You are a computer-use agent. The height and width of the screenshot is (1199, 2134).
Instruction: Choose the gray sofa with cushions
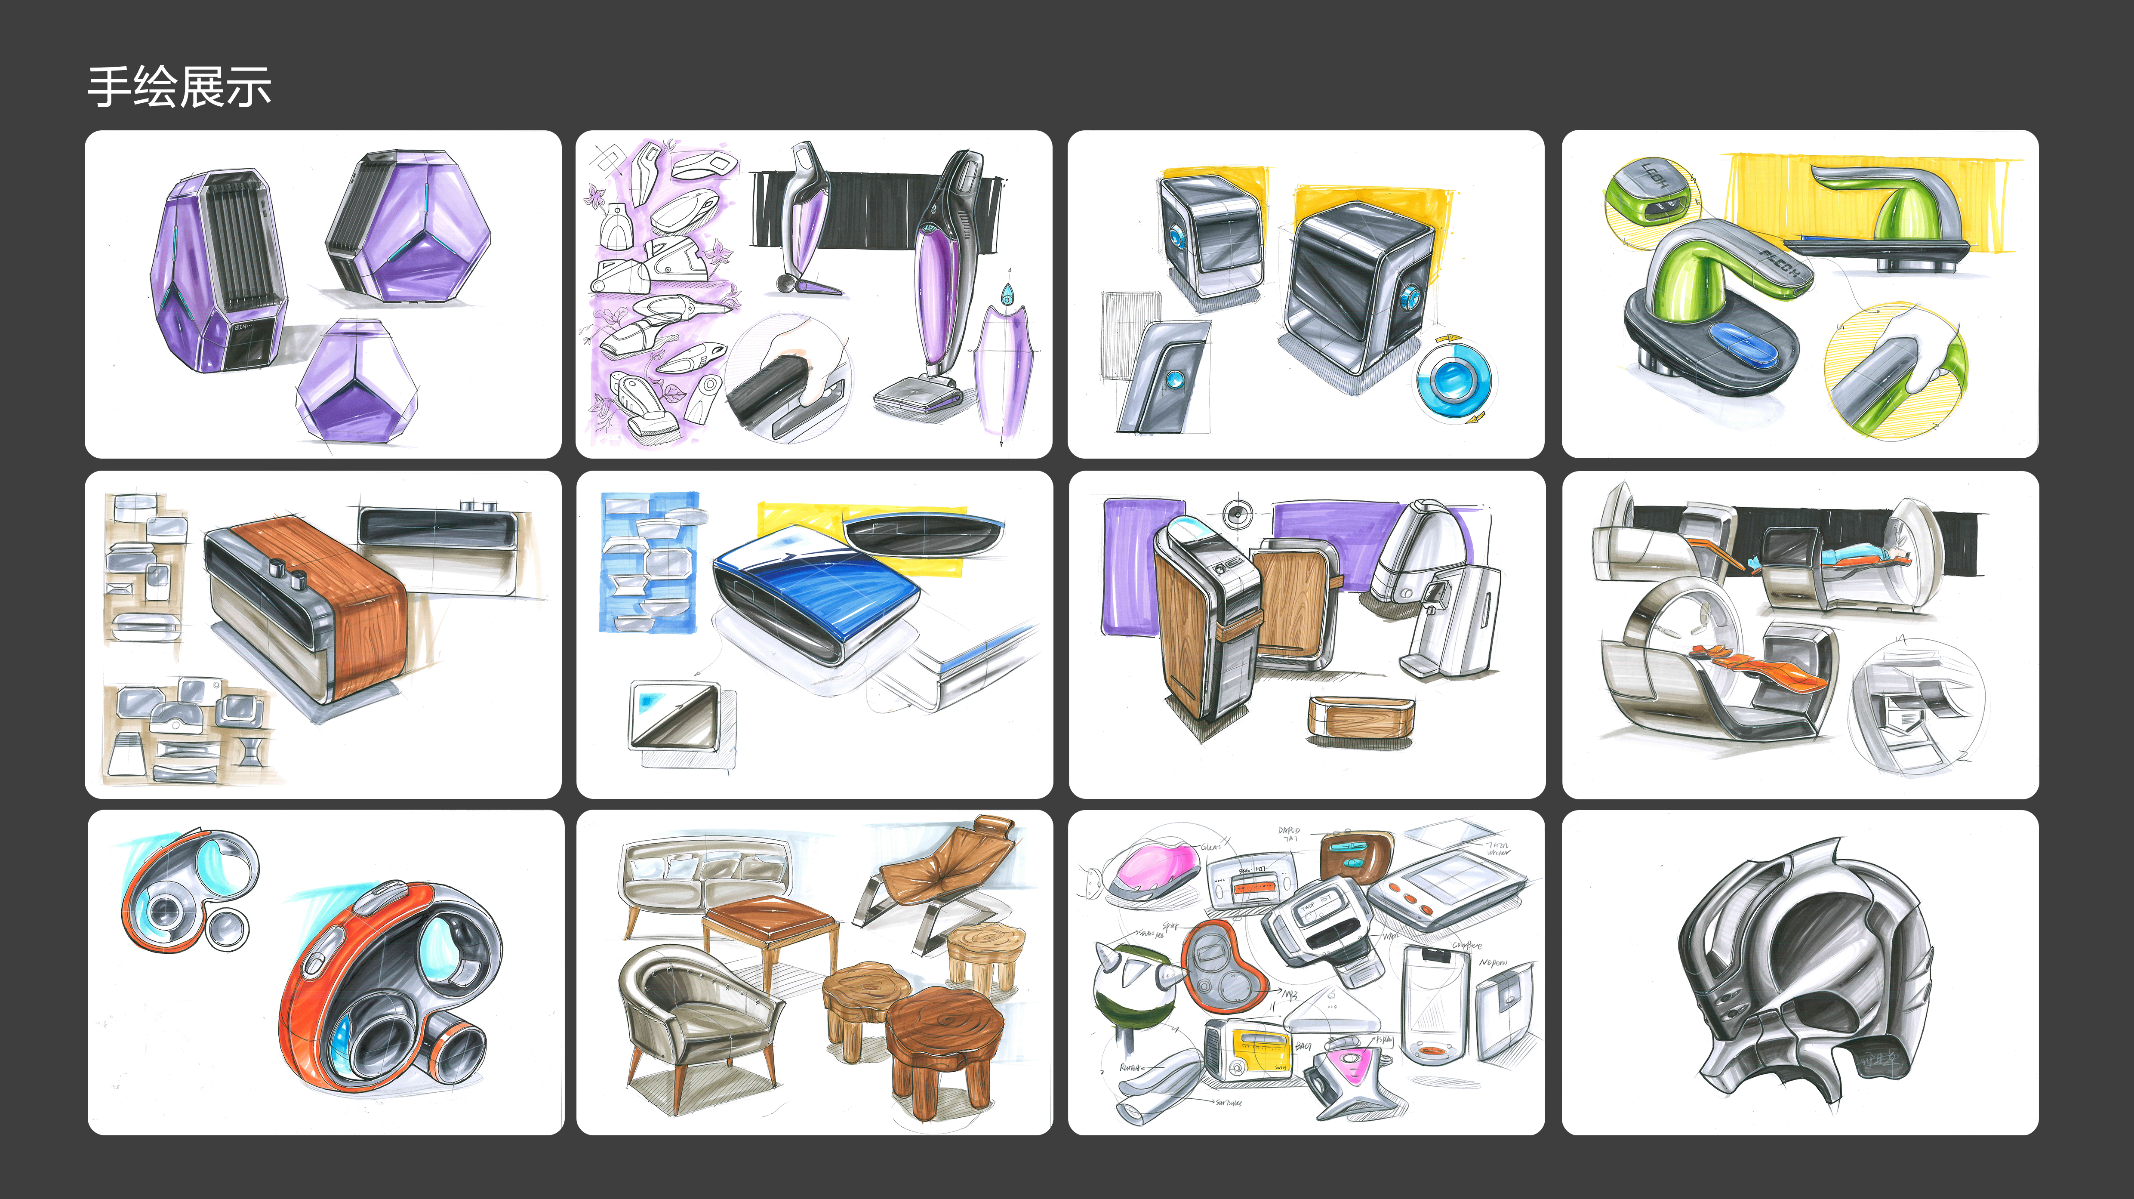704,878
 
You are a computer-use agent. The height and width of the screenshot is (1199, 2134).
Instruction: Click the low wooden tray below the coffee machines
1359,718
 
